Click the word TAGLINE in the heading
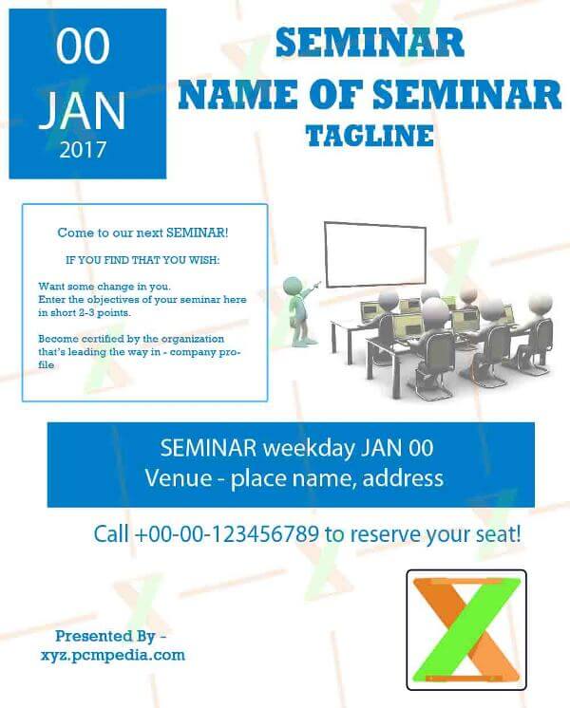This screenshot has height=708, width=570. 370,136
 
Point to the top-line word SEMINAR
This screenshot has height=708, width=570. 369,43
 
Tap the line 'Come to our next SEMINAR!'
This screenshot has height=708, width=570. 142,233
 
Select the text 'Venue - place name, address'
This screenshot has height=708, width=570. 294,477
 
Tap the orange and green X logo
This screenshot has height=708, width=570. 465,629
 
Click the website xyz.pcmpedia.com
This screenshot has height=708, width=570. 113,655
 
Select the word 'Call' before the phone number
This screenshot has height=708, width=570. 112,533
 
